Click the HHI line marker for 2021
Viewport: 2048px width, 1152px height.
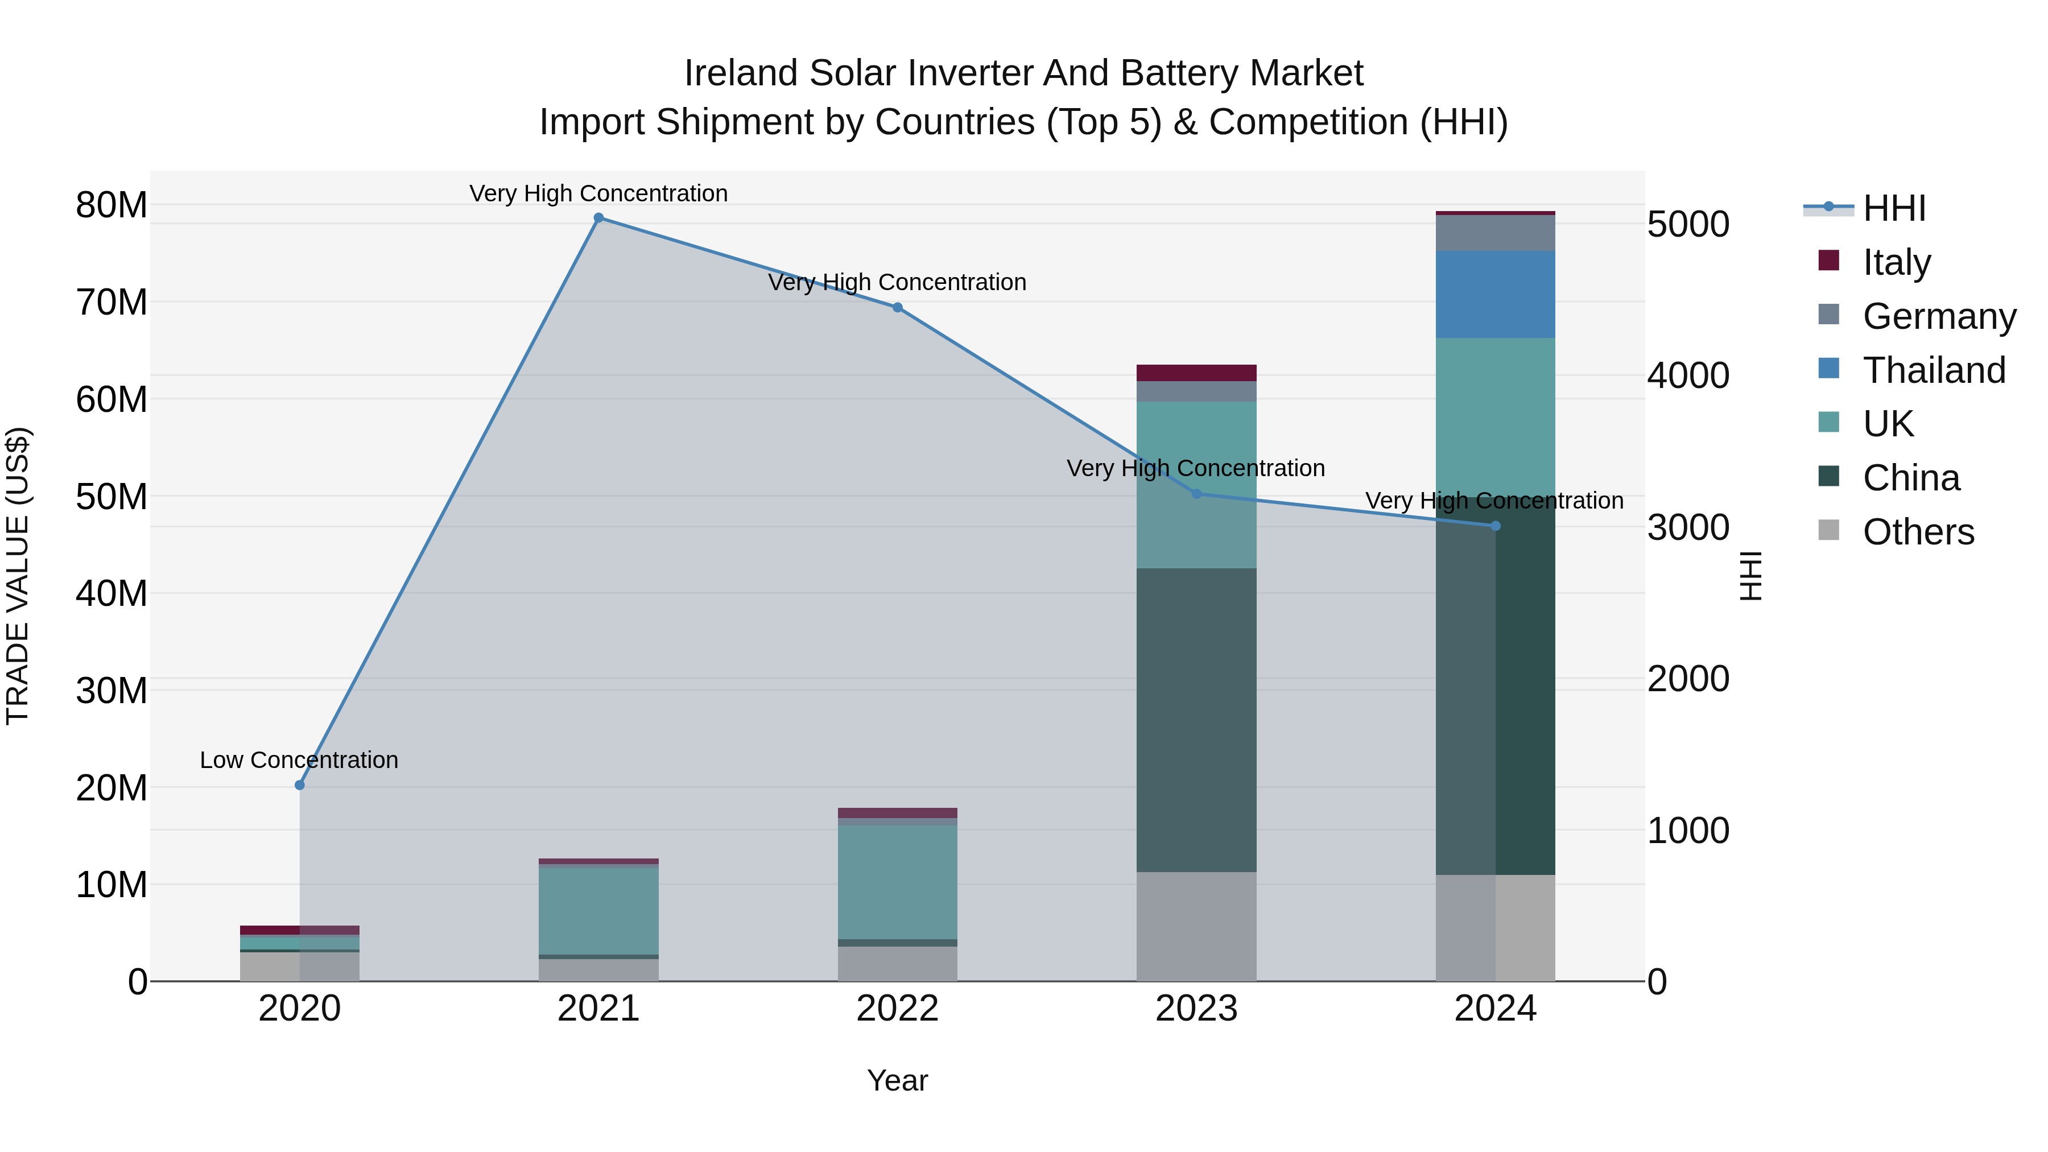click(598, 218)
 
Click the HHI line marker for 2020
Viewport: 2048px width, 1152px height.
click(300, 786)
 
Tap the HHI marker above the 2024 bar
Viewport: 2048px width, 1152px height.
click(1496, 526)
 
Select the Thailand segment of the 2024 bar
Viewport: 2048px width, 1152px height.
click(1496, 294)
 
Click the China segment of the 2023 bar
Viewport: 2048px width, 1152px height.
click(1196, 720)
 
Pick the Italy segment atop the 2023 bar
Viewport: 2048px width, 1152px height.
click(1196, 373)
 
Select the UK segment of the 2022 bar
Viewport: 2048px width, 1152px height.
click(898, 882)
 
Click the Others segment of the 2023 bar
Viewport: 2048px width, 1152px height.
click(1196, 926)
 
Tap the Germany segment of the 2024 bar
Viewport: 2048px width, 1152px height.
click(1496, 233)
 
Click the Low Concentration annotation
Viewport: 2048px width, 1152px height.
click(299, 761)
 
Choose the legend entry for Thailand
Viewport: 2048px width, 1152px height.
click(1934, 370)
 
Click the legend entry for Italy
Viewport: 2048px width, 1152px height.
click(1896, 262)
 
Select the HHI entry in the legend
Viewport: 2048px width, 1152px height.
click(1894, 208)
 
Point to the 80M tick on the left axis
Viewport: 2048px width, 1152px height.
click(112, 205)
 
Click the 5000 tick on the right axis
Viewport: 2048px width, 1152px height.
click(1688, 224)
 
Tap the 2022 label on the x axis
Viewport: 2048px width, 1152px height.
click(898, 1009)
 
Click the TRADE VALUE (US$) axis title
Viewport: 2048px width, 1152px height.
click(18, 576)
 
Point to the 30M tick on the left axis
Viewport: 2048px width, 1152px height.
click(112, 691)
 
